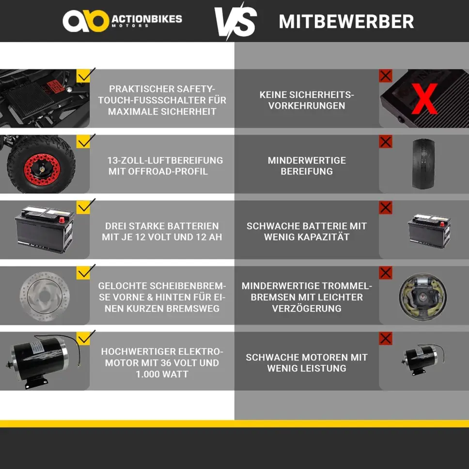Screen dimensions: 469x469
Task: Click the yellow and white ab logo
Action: [86, 21]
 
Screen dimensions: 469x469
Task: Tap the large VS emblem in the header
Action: [236, 21]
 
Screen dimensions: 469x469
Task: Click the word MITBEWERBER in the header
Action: [346, 21]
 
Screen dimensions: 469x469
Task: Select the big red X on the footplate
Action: [424, 99]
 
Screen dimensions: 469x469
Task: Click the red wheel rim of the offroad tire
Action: [42, 169]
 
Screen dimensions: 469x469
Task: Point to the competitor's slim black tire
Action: [423, 164]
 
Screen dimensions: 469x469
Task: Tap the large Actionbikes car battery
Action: [45, 229]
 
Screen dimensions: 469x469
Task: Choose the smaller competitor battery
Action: [429, 231]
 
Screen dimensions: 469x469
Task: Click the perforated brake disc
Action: [45, 297]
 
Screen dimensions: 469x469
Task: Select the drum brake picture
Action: [423, 297]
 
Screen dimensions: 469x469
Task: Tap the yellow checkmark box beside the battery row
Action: [83, 207]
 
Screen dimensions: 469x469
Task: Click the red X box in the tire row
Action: [386, 141]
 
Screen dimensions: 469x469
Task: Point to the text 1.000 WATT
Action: [162, 374]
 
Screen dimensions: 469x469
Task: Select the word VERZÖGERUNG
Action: [307, 308]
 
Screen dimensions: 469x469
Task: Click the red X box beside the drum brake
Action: [386, 273]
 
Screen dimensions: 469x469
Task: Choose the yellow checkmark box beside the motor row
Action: [83, 339]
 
